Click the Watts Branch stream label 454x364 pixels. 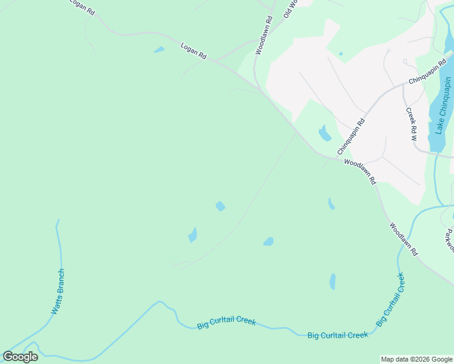pos(57,292)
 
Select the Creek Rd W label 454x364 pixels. pos(412,124)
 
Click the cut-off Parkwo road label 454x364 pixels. pos(449,240)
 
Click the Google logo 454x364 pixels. pos(20,357)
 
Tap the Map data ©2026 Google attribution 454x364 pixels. pos(417,359)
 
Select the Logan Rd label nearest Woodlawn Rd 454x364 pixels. pos(194,50)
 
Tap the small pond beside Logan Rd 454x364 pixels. pos(159,50)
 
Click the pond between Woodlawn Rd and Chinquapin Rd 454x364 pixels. pos(325,133)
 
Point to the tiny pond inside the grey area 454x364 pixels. pos(340,54)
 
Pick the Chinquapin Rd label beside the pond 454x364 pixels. pos(351,135)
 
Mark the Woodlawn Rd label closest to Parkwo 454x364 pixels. pos(404,239)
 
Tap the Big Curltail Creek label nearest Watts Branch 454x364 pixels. pos(226,323)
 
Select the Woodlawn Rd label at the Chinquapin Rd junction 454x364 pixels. pos(360,172)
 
